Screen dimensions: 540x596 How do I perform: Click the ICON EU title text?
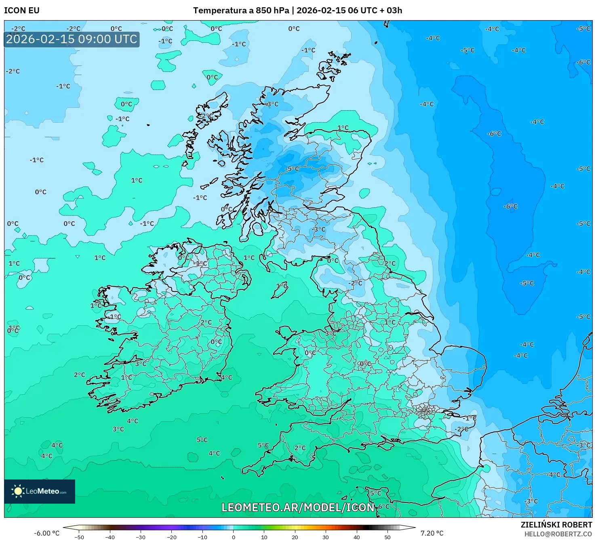tap(22, 10)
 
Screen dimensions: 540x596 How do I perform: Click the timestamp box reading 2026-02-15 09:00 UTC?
tap(72, 40)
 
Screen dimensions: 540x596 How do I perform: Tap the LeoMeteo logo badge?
tap(40, 491)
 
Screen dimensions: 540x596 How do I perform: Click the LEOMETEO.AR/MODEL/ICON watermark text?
tap(298, 507)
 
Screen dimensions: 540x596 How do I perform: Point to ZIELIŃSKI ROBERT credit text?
tap(556, 525)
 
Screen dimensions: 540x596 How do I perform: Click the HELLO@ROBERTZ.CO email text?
tap(558, 534)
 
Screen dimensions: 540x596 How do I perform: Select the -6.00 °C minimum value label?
tap(46, 533)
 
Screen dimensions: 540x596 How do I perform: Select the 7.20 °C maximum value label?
tap(432, 533)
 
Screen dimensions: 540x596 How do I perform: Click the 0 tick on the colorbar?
tap(233, 537)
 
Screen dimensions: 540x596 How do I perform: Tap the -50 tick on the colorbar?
tap(79, 537)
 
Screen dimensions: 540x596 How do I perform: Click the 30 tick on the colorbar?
tap(326, 537)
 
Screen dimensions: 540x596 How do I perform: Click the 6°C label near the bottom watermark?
tap(383, 507)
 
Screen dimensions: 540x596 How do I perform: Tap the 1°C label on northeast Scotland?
tap(343, 128)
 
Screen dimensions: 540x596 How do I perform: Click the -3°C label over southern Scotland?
tap(318, 229)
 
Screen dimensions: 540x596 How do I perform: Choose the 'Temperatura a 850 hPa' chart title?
tap(241, 10)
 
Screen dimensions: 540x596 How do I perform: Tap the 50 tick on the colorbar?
tap(387, 537)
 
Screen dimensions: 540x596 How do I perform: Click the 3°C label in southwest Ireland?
tap(141, 364)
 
